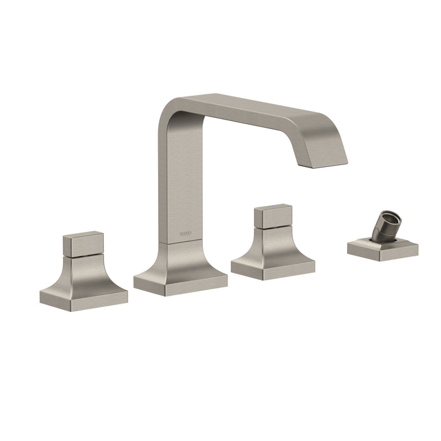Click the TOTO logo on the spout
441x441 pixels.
(186, 234)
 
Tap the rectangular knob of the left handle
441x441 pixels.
(84, 244)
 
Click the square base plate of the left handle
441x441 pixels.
(84, 301)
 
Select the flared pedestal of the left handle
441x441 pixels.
(84, 273)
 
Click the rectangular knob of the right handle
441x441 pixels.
(273, 216)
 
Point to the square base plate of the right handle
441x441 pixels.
(273, 269)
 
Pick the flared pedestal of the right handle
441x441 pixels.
(273, 244)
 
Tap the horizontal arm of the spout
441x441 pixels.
(253, 113)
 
